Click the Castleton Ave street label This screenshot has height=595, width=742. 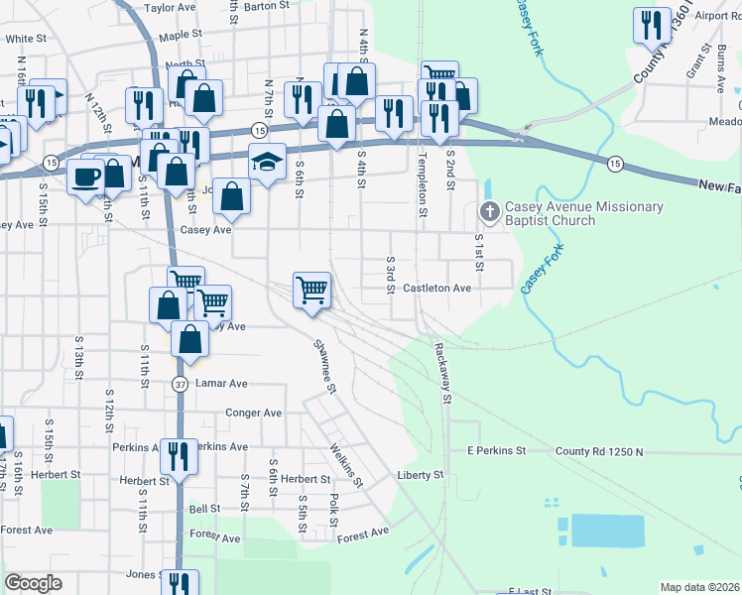(436, 288)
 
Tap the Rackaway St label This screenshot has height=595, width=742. (441, 373)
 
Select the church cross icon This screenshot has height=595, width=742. (488, 210)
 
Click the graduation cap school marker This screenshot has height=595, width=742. (267, 160)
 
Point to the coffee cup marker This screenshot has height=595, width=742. (85, 177)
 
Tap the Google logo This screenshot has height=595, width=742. (33, 583)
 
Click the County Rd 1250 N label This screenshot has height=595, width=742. (599, 452)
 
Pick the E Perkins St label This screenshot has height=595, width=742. (495, 451)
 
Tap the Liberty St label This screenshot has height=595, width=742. (420, 476)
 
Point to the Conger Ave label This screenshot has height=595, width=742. (254, 413)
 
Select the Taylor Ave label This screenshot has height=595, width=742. (170, 7)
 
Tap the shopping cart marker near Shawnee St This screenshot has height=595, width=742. (312, 291)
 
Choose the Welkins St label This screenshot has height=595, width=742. (347, 466)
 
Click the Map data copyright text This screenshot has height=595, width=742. (699, 587)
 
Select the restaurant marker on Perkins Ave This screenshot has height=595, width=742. (179, 456)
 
